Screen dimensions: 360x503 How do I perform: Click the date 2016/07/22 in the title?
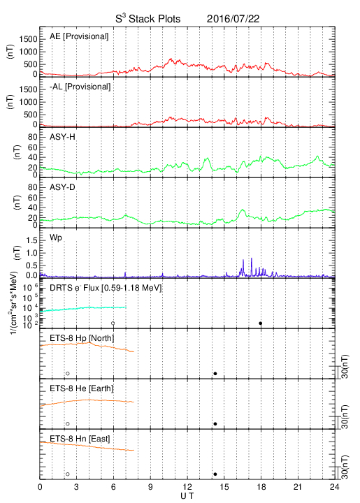pyautogui.click(x=233, y=19)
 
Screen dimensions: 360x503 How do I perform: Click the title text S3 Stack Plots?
pyautogui.click(x=148, y=19)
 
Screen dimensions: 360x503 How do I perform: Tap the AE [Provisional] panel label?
pyautogui.click(x=79, y=36)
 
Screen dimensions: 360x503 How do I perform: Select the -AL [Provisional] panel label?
pyautogui.click(x=80, y=87)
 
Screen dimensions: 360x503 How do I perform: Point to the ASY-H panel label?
pyautogui.click(x=62, y=137)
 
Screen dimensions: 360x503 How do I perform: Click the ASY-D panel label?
pyautogui.click(x=62, y=187)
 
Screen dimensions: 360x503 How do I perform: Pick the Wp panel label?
pyautogui.click(x=55, y=238)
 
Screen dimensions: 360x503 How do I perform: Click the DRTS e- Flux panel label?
pyautogui.click(x=106, y=288)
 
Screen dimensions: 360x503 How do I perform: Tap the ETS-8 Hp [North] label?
pyautogui.click(x=82, y=338)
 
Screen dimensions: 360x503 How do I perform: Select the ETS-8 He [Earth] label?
pyautogui.click(x=82, y=388)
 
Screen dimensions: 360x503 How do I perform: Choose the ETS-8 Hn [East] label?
pyautogui.click(x=80, y=439)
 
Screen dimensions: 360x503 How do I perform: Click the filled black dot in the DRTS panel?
pyautogui.click(x=261, y=323)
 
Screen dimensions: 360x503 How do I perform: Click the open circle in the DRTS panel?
pyautogui.click(x=113, y=323)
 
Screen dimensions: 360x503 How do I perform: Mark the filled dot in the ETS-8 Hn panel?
pyautogui.click(x=215, y=474)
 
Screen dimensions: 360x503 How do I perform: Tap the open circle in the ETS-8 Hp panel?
pyautogui.click(x=68, y=373)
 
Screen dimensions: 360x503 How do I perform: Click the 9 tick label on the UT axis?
pyautogui.click(x=150, y=487)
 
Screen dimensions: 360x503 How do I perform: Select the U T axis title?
pyautogui.click(x=187, y=496)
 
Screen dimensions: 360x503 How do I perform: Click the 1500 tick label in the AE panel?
pyautogui.click(x=28, y=39)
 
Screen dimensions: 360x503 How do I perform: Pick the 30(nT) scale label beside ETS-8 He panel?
pyautogui.click(x=345, y=417)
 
